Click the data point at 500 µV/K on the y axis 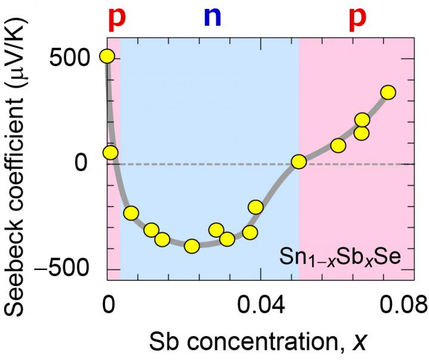coord(107,56)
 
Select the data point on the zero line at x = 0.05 coord(299,162)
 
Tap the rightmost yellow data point coord(388,92)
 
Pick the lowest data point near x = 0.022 coord(191,246)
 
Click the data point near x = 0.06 coord(338,145)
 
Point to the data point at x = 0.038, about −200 coord(256,207)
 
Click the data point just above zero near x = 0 coord(110,153)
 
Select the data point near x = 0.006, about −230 coord(131,213)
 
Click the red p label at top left coord(118,18)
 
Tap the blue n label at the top coord(212,18)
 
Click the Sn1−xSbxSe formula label coord(341,259)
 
